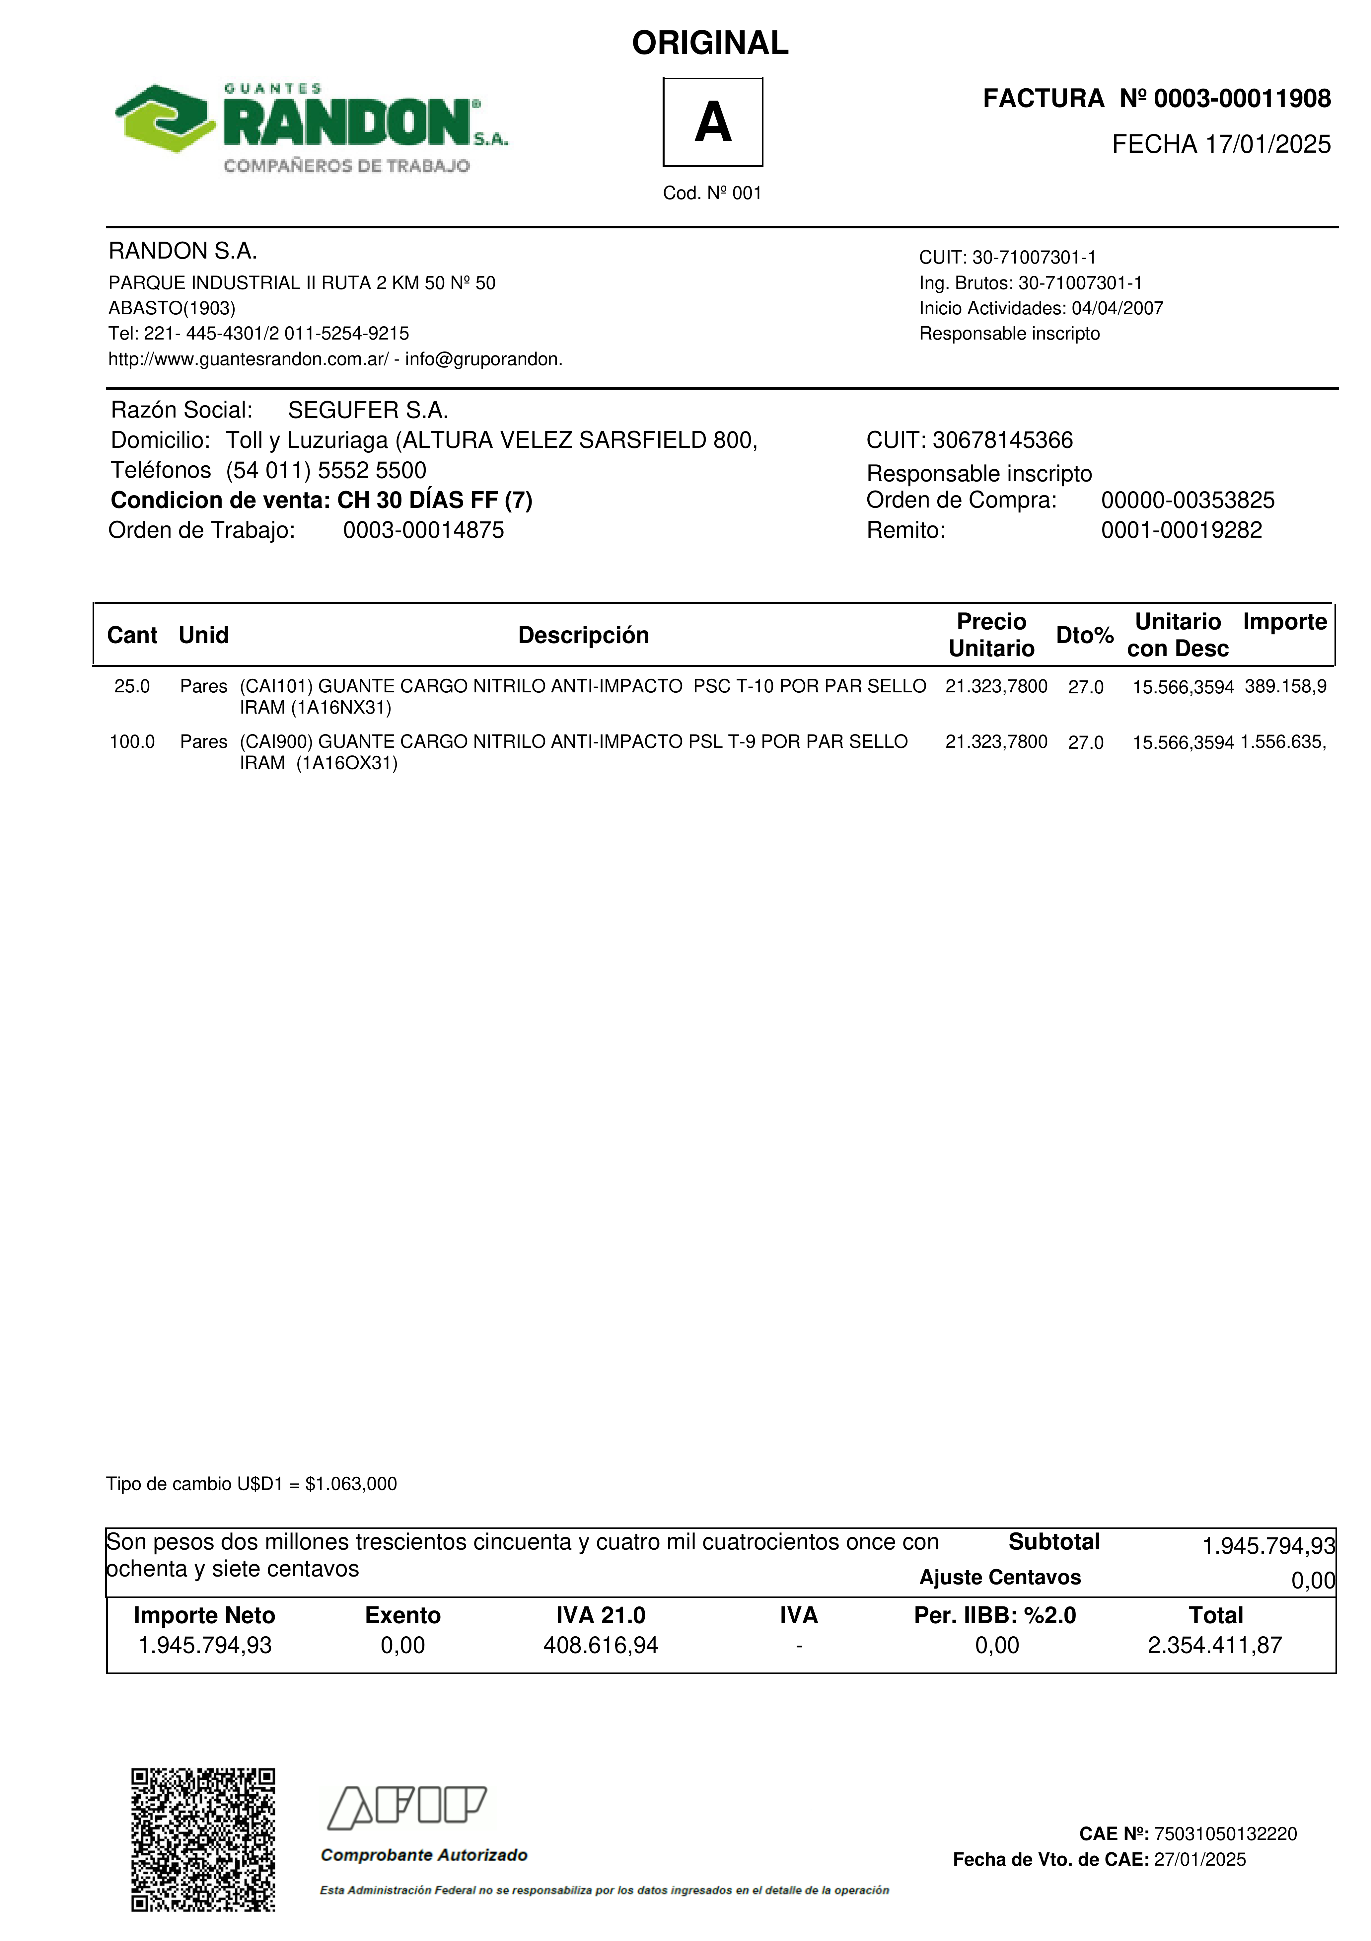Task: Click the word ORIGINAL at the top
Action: (710, 43)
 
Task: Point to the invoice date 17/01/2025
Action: (1268, 145)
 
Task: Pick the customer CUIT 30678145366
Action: (1002, 440)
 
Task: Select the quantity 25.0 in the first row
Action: (132, 686)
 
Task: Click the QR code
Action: (203, 1839)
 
